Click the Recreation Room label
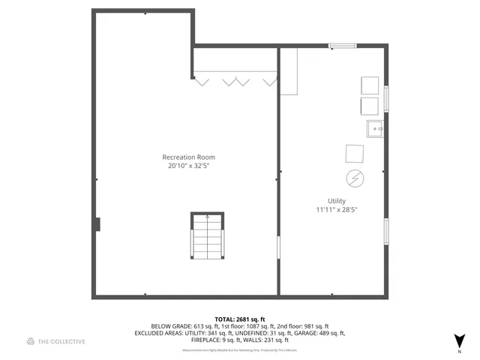pos(188,157)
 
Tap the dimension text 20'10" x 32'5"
pos(188,166)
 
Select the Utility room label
pos(336,201)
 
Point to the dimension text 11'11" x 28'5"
pos(336,210)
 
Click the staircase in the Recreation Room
pos(207,236)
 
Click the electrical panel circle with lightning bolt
pos(354,178)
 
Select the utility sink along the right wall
pos(375,128)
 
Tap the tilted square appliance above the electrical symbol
pos(354,153)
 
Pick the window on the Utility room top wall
pos(343,46)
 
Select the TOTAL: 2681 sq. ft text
pos(239,319)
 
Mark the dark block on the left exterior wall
pos(97,224)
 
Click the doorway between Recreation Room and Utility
pos(279,247)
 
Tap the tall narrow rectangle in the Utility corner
pos(289,71)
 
